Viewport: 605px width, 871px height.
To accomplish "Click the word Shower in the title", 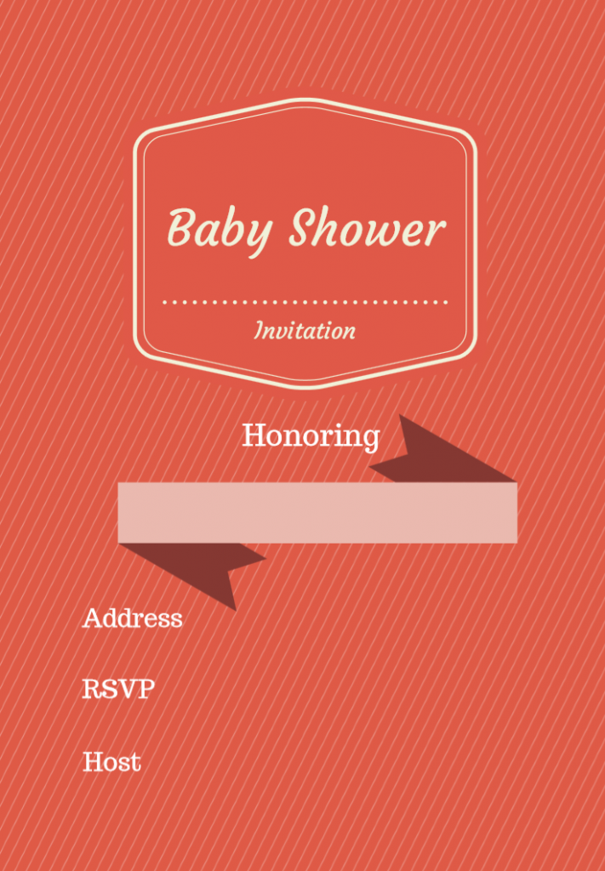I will [x=367, y=228].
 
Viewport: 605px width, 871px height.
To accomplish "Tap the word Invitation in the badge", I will [x=305, y=331].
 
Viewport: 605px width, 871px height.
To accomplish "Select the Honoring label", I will [x=311, y=435].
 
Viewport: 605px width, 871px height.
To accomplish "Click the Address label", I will [x=132, y=618].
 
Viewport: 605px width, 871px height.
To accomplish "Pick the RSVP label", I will [x=118, y=689].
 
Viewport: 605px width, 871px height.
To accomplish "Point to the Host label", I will [x=111, y=761].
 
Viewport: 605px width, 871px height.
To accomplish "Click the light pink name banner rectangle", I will [x=317, y=512].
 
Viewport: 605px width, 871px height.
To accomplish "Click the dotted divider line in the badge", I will [x=305, y=301].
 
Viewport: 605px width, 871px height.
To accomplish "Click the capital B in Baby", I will [x=181, y=226].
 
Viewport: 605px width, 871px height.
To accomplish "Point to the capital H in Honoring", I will [x=254, y=435].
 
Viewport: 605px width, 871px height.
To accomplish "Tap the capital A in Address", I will [x=93, y=618].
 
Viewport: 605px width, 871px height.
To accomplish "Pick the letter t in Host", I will [x=134, y=762].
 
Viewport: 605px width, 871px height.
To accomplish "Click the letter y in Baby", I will [x=257, y=234].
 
